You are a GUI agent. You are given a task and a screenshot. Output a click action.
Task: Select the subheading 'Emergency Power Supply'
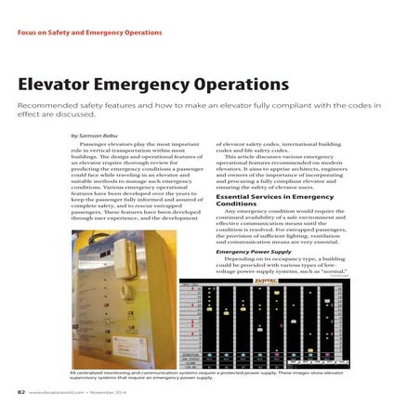(x=254, y=251)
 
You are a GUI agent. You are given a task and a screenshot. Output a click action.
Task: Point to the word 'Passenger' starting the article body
(x=97, y=146)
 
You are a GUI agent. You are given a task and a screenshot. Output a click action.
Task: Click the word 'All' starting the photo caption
(x=73, y=371)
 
